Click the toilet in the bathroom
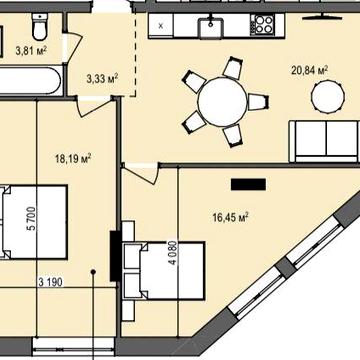(x=40, y=27)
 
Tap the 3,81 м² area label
(x=31, y=51)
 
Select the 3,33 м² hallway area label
(x=103, y=79)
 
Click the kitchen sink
(x=211, y=27)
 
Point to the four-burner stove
(x=264, y=24)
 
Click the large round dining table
(x=222, y=102)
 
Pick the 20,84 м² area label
(x=309, y=70)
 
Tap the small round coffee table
(x=328, y=96)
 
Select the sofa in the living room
(x=324, y=141)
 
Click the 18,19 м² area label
(x=73, y=158)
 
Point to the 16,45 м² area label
(x=231, y=218)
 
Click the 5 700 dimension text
(x=32, y=218)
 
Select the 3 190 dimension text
(x=50, y=282)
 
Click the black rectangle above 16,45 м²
(x=248, y=184)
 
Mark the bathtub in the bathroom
(x=31, y=81)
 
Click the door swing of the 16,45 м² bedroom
(x=142, y=174)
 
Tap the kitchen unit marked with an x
(x=161, y=26)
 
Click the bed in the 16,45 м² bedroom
(x=163, y=270)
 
